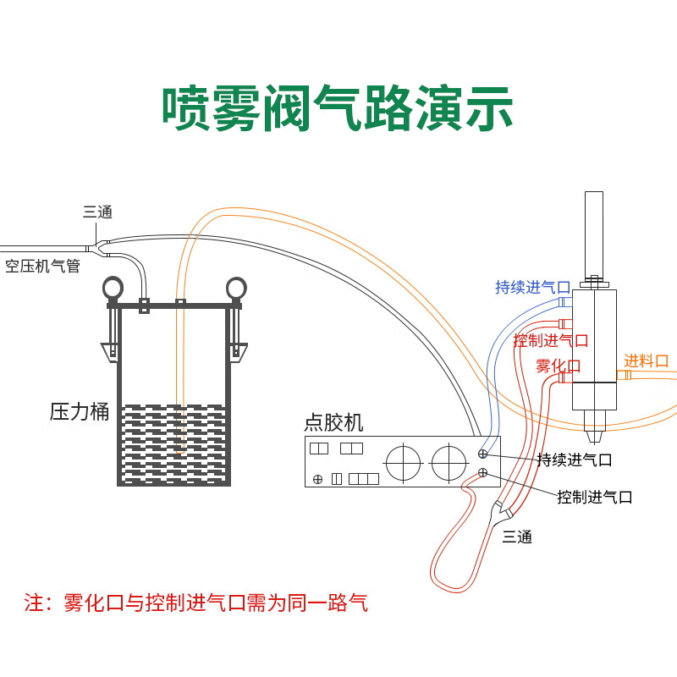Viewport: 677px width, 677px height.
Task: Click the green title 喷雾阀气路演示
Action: pos(337,108)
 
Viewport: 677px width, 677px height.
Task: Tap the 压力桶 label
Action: pos(80,411)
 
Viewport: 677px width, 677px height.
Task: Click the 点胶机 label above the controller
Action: pos(333,422)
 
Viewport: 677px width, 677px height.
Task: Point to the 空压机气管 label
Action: pos(43,266)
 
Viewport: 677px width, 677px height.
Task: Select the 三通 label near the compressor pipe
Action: pos(97,212)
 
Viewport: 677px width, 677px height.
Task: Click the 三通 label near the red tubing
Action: pos(517,537)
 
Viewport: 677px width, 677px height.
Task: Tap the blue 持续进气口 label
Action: pos(533,287)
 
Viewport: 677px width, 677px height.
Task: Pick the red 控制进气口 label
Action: pos(551,341)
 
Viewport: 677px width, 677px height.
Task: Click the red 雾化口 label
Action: pos(559,366)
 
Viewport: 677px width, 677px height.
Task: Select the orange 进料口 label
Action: pos(646,361)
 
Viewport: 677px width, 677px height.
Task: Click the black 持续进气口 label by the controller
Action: pos(575,460)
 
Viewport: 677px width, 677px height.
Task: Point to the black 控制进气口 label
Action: pos(595,497)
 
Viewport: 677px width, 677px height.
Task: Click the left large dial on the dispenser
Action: pos(404,463)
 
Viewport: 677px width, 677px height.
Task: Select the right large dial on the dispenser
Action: pos(449,463)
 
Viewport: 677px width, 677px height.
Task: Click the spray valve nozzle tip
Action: pos(594,442)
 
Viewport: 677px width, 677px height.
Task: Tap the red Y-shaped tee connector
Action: pos(502,509)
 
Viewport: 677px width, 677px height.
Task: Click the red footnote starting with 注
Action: pos(195,603)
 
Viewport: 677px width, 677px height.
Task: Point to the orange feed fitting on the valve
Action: pos(624,374)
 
